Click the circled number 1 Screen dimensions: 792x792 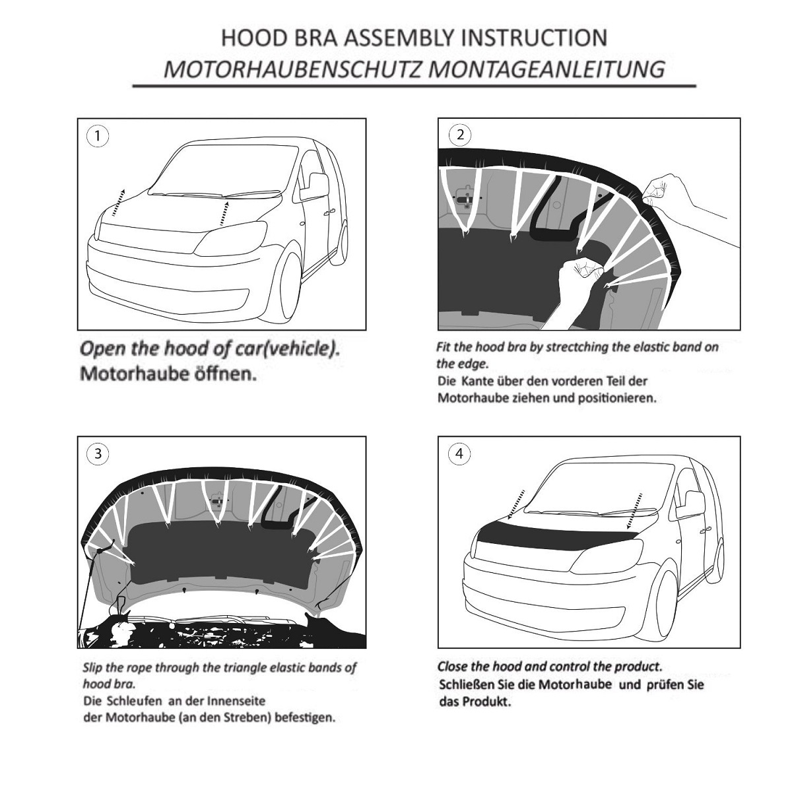98,136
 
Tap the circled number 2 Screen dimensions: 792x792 460,135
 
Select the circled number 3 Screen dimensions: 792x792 98,453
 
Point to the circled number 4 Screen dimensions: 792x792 459,453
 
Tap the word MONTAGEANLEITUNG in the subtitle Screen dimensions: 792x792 546,69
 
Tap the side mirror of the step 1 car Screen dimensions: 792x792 314,187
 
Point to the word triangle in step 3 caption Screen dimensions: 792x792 247,667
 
